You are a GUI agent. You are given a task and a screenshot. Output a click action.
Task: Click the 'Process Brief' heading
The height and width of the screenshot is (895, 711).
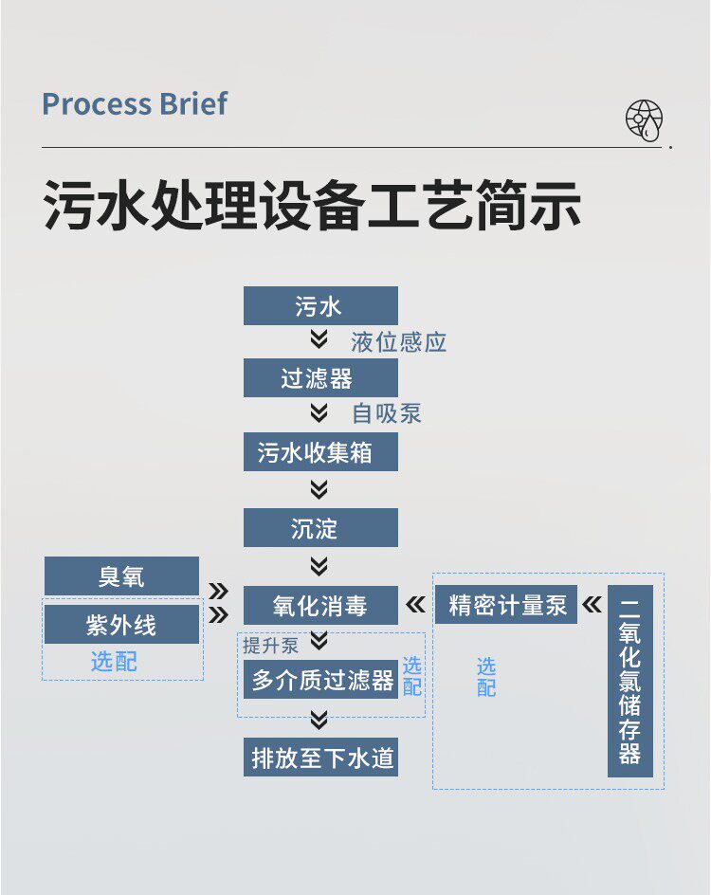point(135,103)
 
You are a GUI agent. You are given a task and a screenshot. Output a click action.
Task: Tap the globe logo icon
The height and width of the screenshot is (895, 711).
point(644,120)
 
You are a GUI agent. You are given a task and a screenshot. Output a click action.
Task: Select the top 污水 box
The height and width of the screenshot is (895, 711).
point(320,306)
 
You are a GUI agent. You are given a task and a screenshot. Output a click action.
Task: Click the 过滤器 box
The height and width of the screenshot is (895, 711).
point(320,378)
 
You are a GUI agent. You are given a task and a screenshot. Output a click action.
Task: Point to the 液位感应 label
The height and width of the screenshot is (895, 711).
point(398,342)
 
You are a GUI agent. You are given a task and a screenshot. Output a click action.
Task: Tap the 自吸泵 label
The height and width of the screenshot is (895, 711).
point(386,414)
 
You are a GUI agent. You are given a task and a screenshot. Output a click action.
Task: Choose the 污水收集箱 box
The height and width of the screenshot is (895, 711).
point(320,452)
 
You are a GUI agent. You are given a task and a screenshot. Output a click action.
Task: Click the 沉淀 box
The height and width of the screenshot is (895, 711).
point(320,527)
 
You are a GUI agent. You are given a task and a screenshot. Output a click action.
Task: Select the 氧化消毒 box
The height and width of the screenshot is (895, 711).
point(320,605)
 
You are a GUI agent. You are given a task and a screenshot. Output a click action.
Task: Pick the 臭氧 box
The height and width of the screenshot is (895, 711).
point(121,575)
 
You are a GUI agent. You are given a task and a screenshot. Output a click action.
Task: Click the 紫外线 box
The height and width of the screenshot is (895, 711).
point(121,625)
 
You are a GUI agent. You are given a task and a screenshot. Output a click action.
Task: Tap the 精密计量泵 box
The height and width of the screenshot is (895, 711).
point(506,605)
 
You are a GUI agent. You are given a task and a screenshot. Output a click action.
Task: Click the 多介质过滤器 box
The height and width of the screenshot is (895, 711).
point(320,680)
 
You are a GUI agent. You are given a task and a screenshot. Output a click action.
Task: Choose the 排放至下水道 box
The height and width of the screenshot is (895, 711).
point(320,758)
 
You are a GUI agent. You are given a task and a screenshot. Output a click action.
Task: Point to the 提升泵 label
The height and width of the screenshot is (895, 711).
point(270,647)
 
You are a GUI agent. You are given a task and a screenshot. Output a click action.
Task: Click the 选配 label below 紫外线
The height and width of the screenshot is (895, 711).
point(114,662)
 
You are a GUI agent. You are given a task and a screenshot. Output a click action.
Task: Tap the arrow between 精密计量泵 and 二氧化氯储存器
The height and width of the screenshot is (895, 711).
point(592,605)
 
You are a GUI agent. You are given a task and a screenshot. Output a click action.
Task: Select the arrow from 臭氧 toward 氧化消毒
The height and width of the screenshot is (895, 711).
point(219,591)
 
